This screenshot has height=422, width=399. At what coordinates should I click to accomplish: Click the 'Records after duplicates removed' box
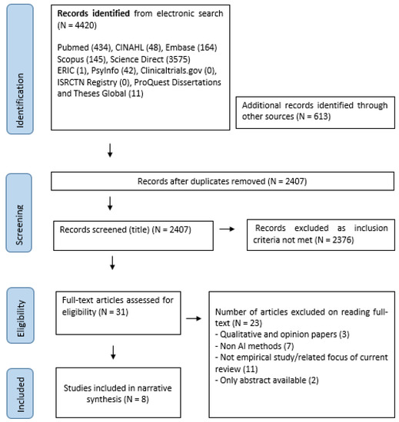[218, 183]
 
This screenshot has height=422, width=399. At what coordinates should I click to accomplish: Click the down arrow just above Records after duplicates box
[112, 154]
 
